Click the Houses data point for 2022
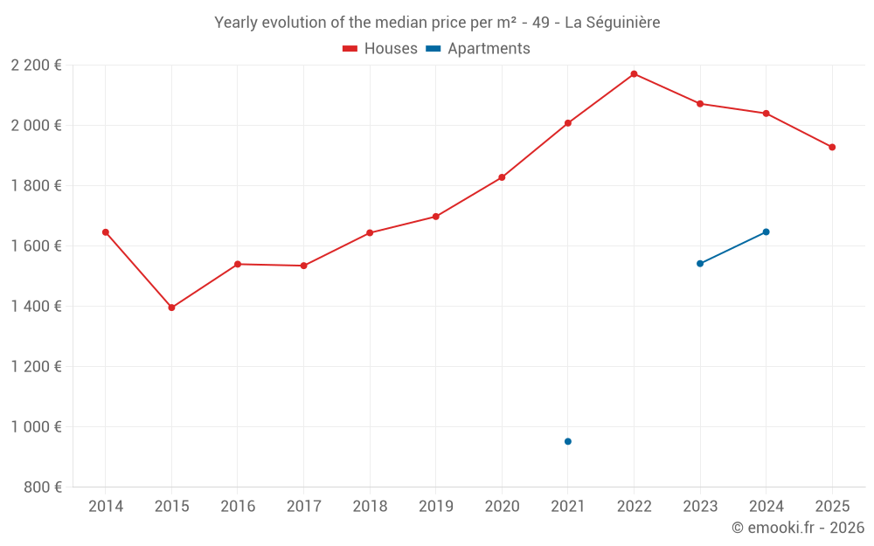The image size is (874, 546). (x=634, y=74)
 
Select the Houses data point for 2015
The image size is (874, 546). (x=171, y=308)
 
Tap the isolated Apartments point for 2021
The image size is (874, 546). (x=568, y=441)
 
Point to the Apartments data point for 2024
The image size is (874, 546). (x=766, y=232)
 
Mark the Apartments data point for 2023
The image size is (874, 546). (x=700, y=263)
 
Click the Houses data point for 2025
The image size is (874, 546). (x=832, y=147)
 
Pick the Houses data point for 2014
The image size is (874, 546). (x=106, y=232)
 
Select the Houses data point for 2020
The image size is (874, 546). (x=502, y=177)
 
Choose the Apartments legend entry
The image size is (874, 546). (x=478, y=49)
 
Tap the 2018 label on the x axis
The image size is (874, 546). (x=370, y=506)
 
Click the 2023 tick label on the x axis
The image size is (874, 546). (x=700, y=506)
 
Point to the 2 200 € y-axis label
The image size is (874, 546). (x=36, y=65)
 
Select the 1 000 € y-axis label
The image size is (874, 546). (x=36, y=426)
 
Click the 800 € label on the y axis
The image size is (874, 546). (x=41, y=487)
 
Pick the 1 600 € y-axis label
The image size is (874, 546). (x=36, y=245)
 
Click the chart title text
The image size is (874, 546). (x=437, y=22)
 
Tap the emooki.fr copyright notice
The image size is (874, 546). (x=797, y=528)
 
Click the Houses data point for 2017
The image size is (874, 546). (x=303, y=266)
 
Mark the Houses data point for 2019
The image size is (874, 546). (x=436, y=217)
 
